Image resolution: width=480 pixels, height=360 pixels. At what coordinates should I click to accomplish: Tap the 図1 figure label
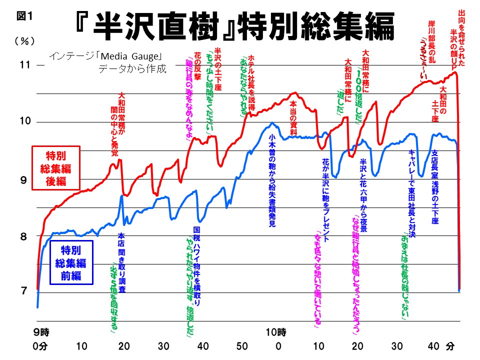coord(24,15)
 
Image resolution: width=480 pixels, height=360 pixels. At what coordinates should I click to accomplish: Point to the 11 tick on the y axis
coord(25,64)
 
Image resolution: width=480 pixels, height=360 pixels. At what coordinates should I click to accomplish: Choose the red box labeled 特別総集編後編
coord(55,167)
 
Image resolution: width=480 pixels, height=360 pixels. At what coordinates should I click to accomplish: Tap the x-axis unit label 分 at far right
coord(451,346)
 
